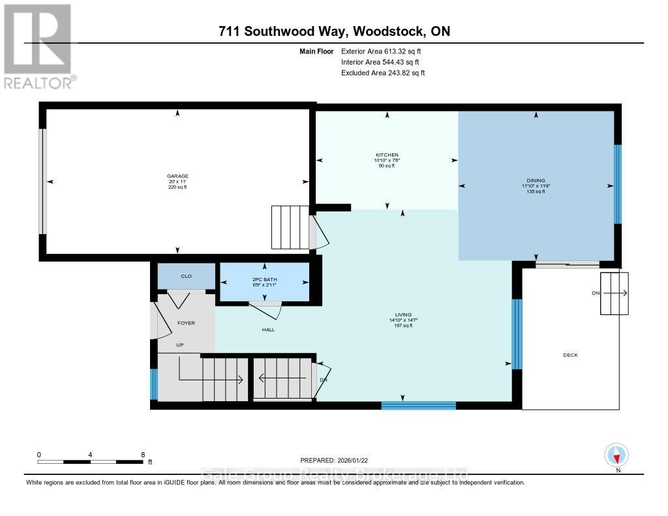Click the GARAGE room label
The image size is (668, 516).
click(176, 176)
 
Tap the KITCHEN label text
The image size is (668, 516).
click(387, 155)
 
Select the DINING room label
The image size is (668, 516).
click(536, 181)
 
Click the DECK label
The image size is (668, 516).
click(570, 355)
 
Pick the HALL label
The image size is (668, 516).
click(268, 329)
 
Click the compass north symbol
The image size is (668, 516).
click(616, 455)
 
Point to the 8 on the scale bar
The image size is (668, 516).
click(142, 454)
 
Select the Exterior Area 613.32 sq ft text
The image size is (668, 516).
click(386, 51)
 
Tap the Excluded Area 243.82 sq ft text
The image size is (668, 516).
click(383, 73)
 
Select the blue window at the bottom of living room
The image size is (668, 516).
click(418, 406)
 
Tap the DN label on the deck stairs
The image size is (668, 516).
click(596, 294)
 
